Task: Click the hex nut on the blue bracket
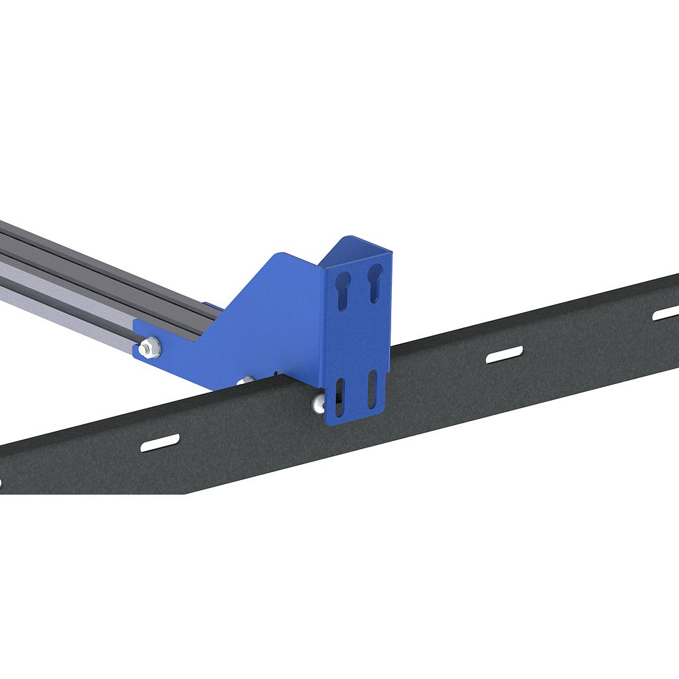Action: coord(151,347)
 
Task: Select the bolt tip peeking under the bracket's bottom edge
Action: coord(247,380)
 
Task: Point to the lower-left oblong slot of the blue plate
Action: coord(340,397)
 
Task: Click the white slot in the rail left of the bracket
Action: coord(160,442)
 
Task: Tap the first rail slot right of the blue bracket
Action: coord(505,355)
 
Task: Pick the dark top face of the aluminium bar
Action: coord(80,255)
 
